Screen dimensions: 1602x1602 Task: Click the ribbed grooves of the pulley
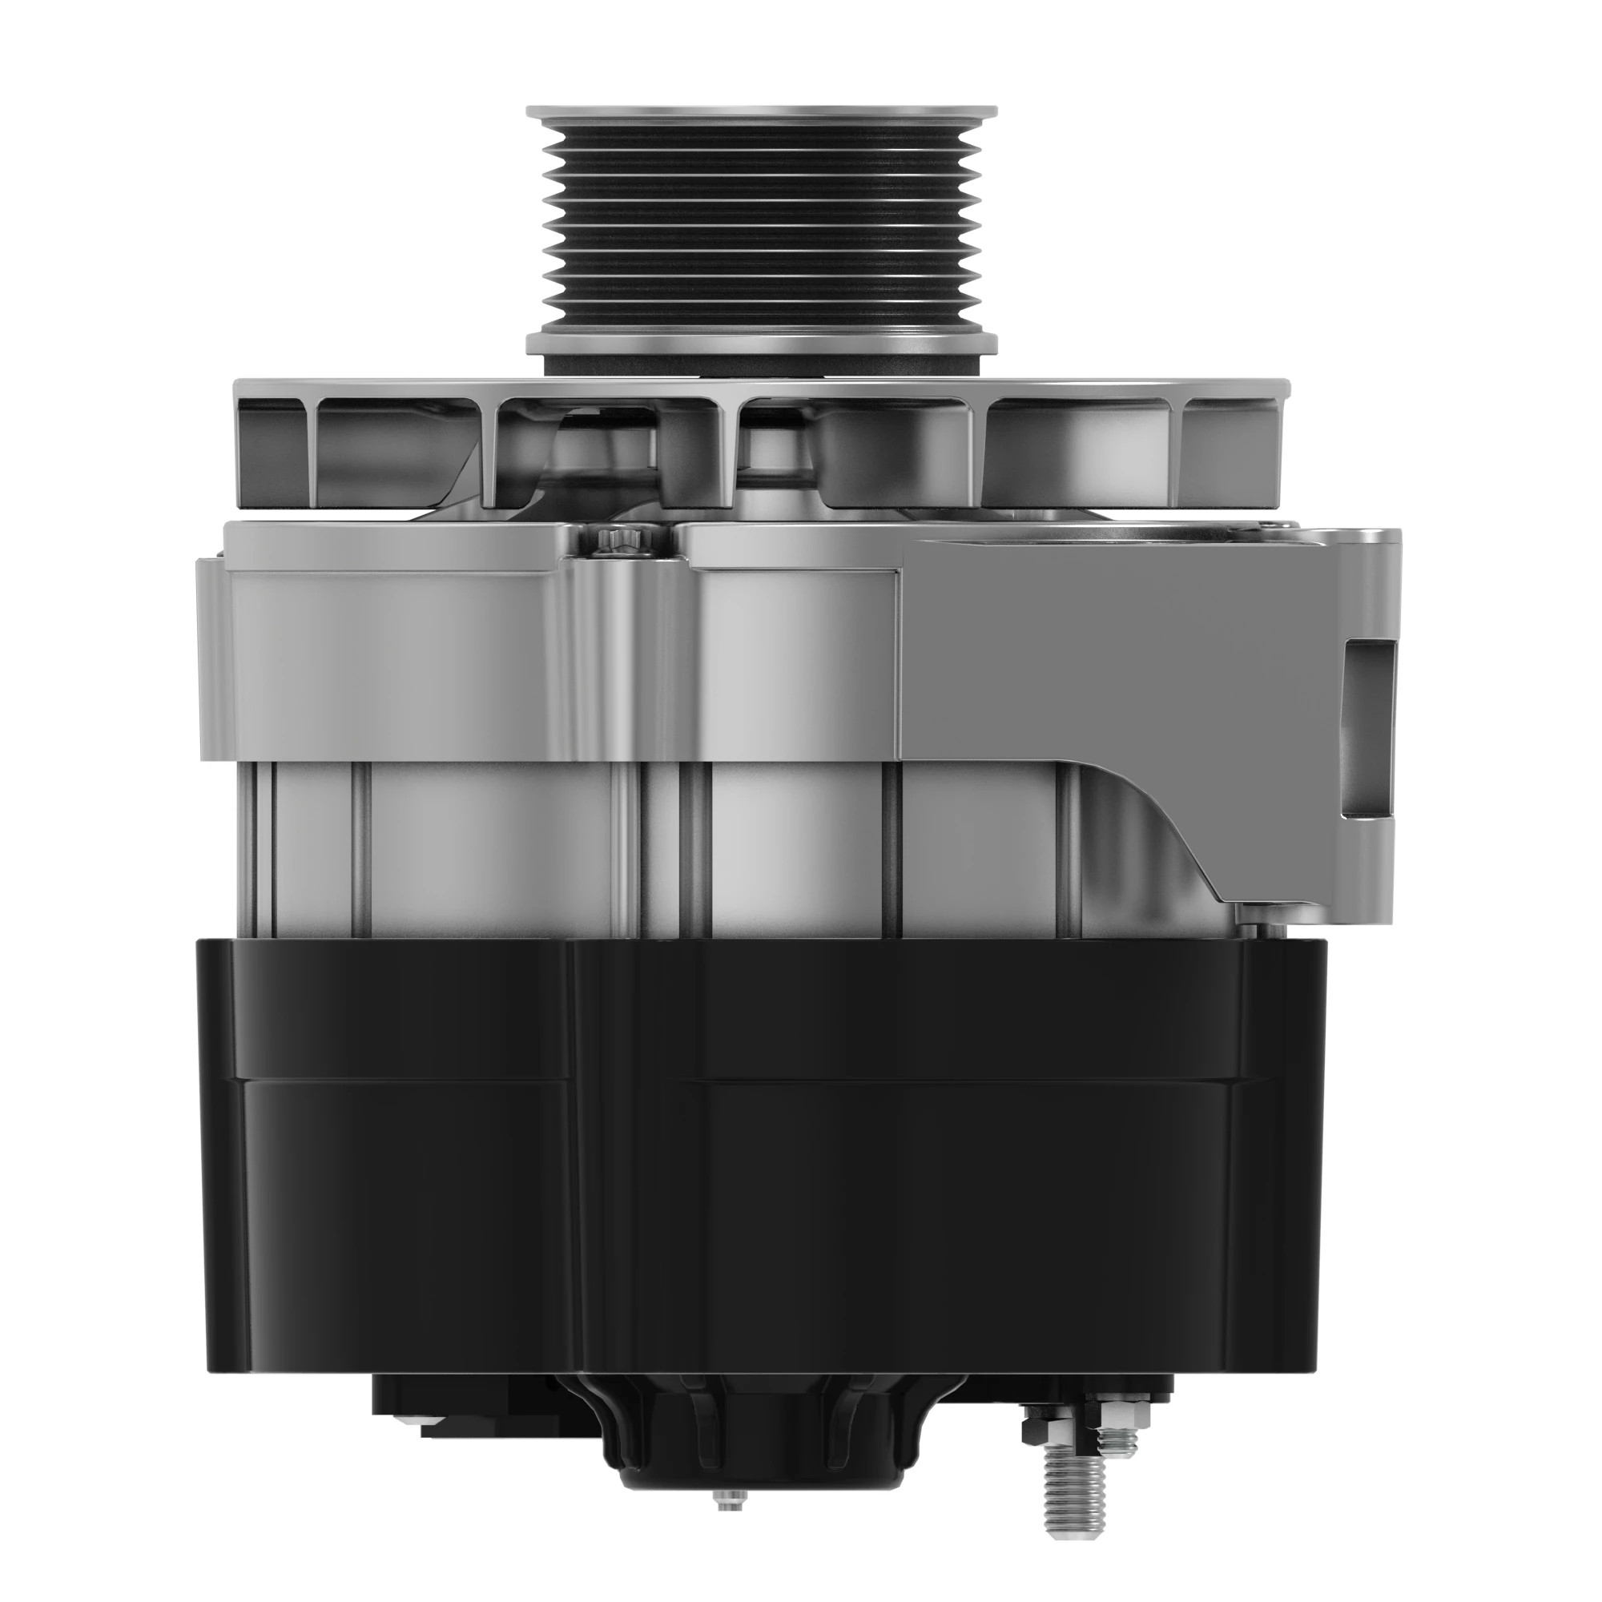(761, 224)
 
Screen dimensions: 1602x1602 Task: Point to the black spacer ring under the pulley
(761, 364)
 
